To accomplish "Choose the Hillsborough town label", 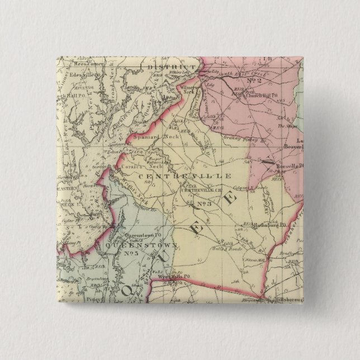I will [290, 300].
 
